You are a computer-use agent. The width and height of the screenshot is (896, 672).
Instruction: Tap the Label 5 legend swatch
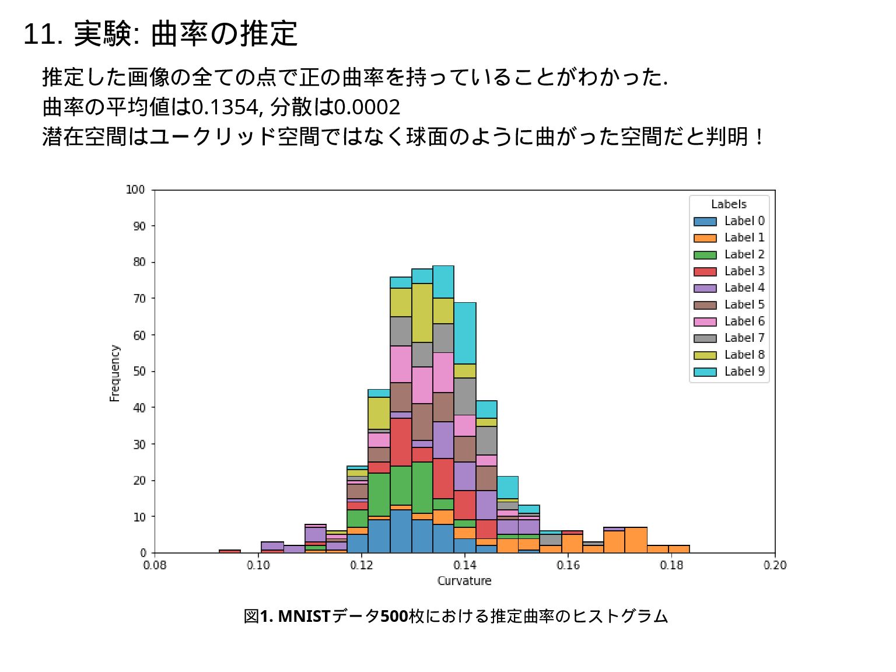tap(705, 305)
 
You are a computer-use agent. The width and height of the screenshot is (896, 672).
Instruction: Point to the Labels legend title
tap(729, 204)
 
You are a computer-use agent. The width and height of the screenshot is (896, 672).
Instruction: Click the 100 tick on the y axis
tap(135, 190)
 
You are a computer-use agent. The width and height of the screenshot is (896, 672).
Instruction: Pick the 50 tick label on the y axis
tap(139, 371)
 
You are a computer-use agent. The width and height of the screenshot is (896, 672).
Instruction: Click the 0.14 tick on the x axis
tap(465, 565)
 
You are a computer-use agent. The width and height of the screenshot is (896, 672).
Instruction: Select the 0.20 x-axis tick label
tap(775, 565)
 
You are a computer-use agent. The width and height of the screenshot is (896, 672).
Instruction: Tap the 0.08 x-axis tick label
tap(155, 565)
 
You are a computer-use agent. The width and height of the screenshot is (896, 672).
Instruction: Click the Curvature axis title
tap(464, 581)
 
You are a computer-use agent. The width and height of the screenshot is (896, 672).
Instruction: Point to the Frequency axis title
tap(114, 373)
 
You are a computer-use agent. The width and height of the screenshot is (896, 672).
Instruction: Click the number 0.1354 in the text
tap(225, 107)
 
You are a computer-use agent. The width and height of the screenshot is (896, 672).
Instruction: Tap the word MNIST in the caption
tap(304, 616)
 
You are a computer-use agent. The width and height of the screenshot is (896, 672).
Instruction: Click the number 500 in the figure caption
tap(394, 616)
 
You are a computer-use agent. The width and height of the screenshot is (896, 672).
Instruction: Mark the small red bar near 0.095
tap(230, 551)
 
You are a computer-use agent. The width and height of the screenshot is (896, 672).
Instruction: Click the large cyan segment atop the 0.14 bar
tap(465, 333)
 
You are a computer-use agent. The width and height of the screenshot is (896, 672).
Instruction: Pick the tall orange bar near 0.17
tap(636, 540)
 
